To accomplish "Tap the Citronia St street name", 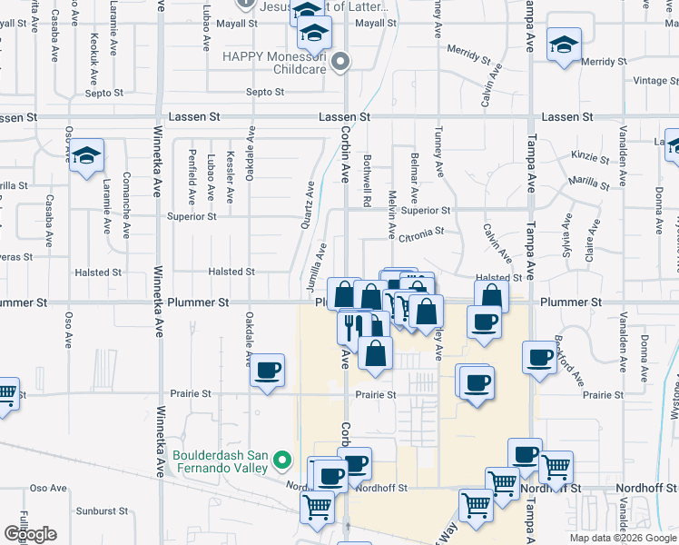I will point(420,233).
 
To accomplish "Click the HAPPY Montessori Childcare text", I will point(276,63).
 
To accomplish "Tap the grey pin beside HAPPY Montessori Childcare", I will point(340,62).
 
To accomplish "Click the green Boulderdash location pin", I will point(282,461).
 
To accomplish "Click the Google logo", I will point(30,534).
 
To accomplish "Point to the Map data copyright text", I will point(623,538).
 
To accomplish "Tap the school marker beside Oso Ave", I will point(86,156).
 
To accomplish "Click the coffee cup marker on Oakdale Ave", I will point(267,370).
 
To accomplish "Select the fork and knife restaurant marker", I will point(353,324).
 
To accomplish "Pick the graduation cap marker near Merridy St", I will point(563,45).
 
